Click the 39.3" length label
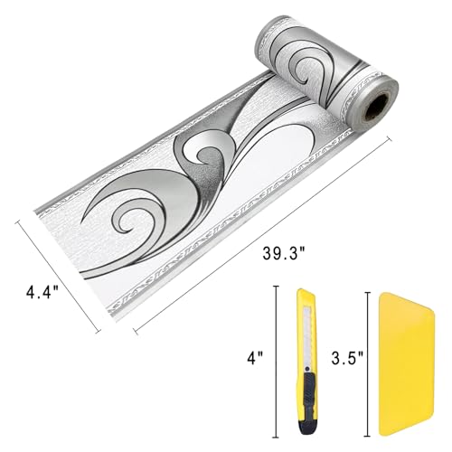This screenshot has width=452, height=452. click(x=284, y=252)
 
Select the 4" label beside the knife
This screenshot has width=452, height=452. click(x=255, y=359)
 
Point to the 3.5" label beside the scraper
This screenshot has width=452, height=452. click(x=347, y=358)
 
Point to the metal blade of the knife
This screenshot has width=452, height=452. click(x=307, y=336)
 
